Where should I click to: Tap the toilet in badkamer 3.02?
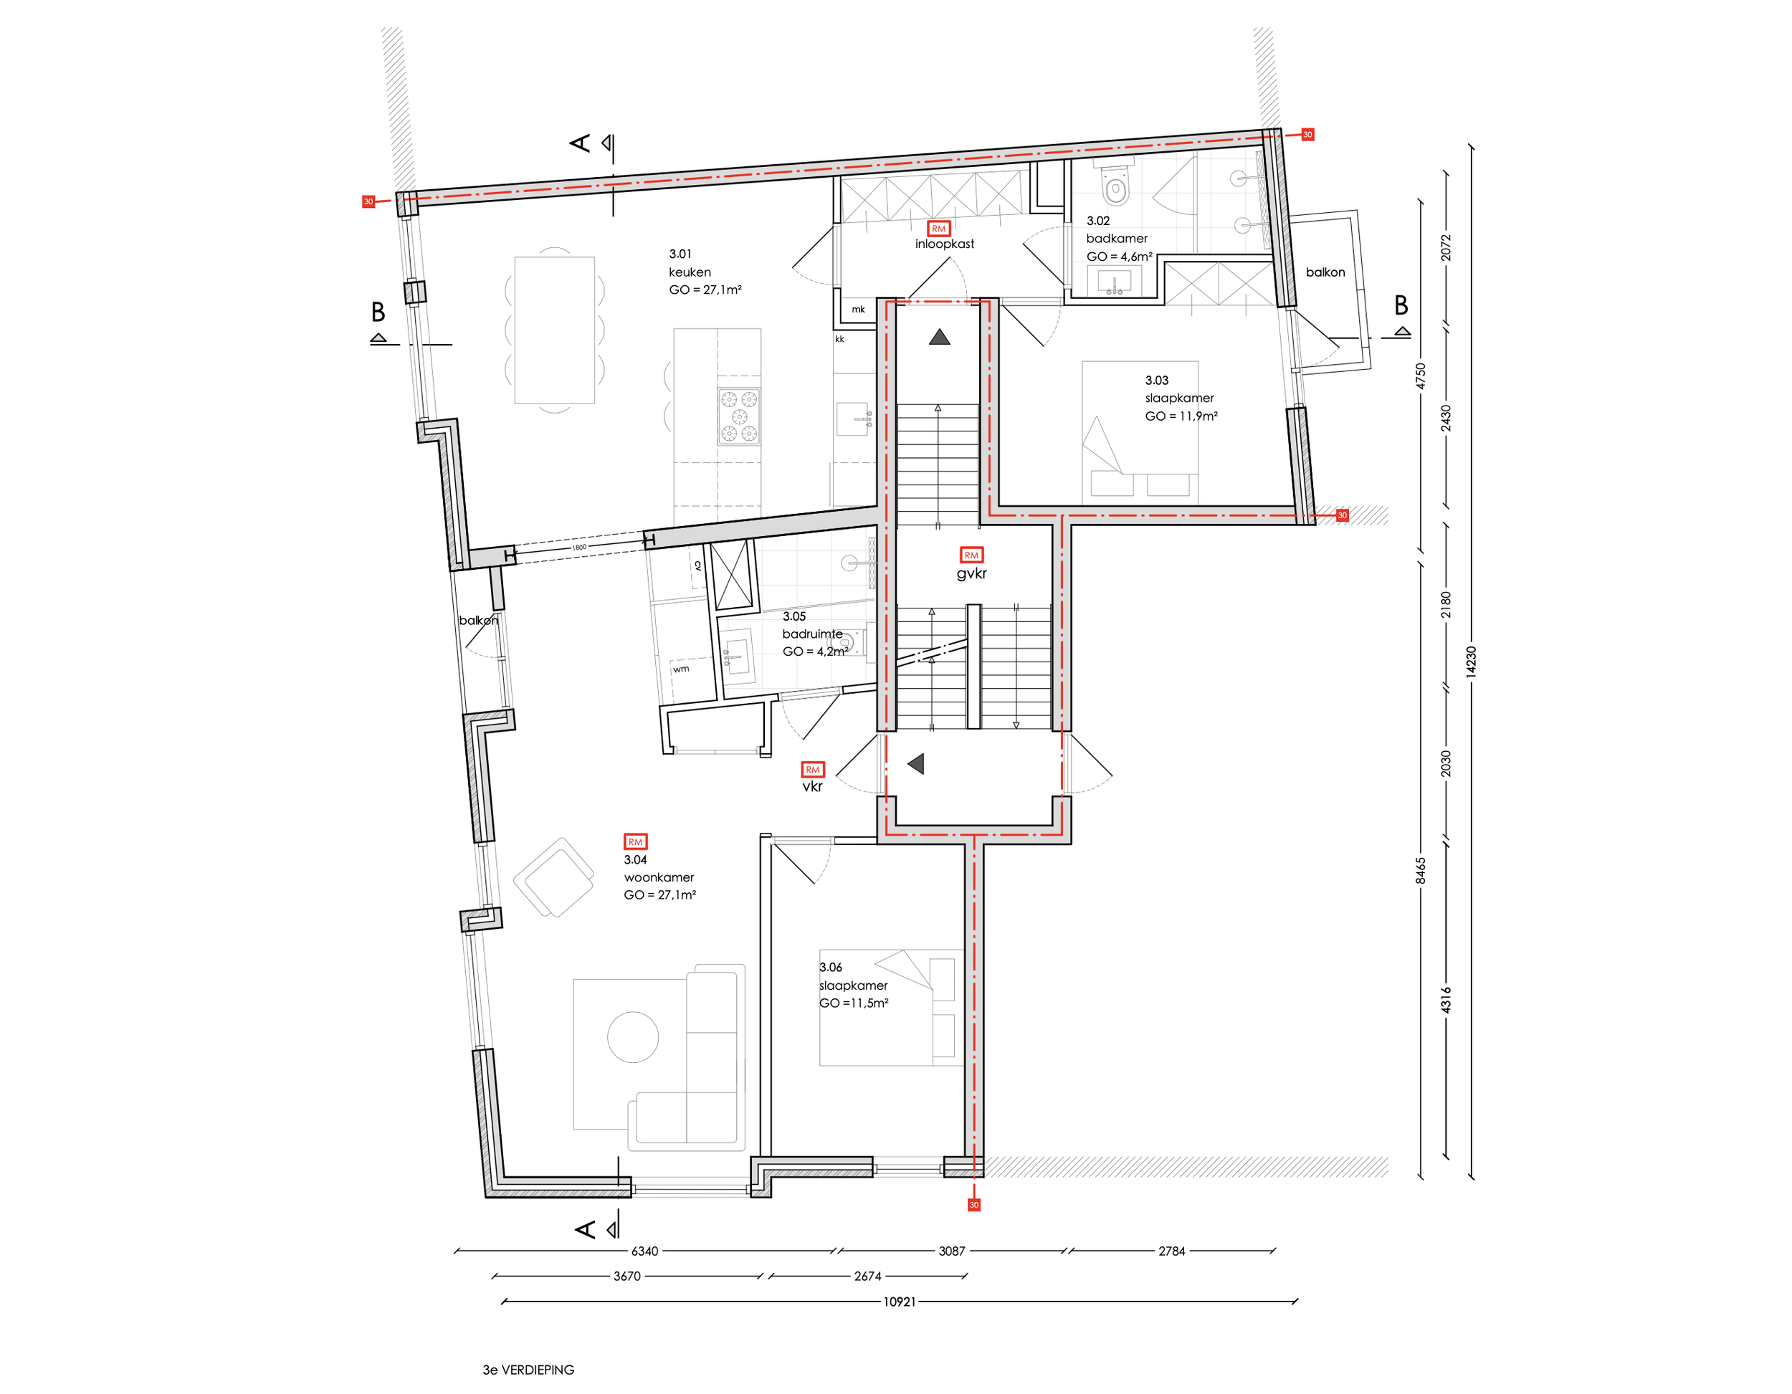1115,188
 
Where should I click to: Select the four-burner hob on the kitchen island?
738,417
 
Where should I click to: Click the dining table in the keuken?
554,330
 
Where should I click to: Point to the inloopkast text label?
945,244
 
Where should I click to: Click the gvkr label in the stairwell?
971,573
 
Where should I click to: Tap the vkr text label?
811,786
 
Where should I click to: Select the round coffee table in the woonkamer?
633,1037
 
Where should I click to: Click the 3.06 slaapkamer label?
852,985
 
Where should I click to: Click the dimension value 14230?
1470,662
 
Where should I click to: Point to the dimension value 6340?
644,1251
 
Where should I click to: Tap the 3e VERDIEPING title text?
528,1370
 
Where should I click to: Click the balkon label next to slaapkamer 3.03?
1325,272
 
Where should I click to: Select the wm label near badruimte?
681,669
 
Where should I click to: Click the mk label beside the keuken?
858,310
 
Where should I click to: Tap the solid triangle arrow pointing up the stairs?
940,336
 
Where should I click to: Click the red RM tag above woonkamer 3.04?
635,842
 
